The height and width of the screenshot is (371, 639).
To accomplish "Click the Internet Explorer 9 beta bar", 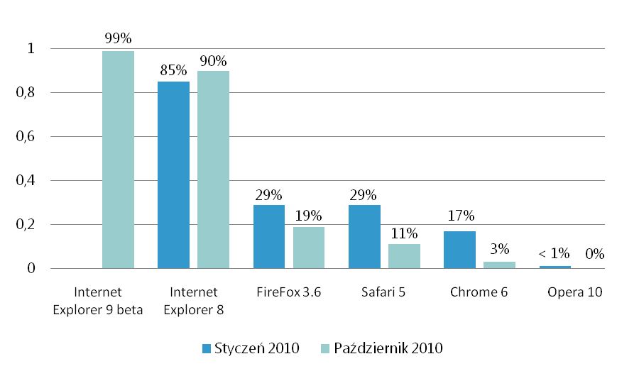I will pos(118,160).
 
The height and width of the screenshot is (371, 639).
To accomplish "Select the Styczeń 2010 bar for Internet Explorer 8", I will pos(173,175).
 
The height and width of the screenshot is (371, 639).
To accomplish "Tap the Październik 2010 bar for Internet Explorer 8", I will pos(213,170).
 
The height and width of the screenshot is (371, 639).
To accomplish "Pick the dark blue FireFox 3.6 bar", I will pos(269,237).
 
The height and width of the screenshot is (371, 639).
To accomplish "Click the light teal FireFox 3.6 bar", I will pos(309,248).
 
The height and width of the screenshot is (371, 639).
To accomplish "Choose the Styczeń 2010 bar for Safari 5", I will pos(364,237).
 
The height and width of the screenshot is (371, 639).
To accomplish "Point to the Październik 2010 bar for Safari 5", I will pos(404,256).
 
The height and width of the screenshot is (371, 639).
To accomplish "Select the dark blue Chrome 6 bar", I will pos(459,250).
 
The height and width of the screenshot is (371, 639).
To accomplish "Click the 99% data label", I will pos(118,38).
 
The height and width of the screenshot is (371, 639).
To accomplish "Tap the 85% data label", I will pos(173,70).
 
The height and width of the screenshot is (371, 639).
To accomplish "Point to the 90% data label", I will pos(213,60).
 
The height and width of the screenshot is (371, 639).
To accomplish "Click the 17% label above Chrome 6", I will pos(459,217).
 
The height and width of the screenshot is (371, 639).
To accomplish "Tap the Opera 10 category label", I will pos(575,292).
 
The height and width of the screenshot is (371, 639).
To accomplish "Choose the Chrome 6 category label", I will pos(479,292).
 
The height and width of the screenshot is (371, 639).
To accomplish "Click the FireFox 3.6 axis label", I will pos(289,292).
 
